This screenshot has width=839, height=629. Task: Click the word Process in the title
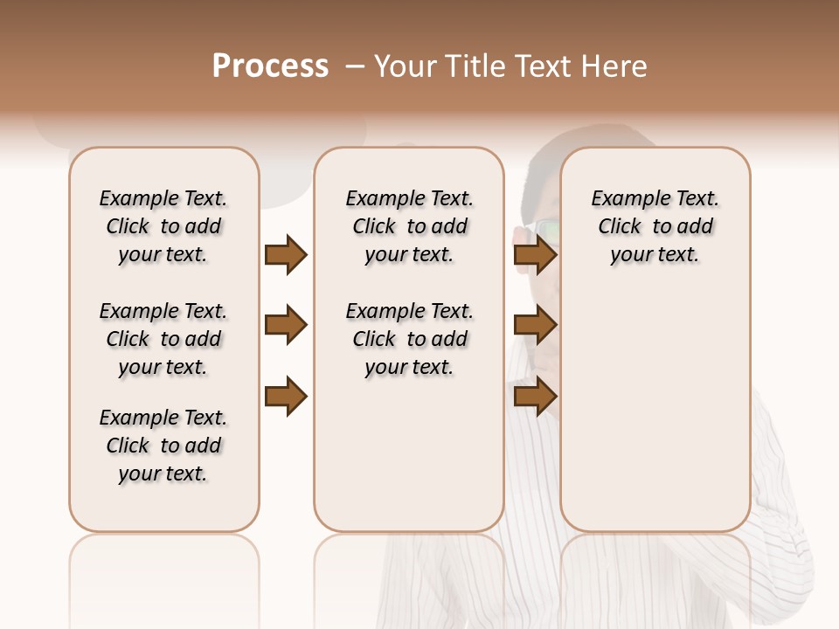pyautogui.click(x=270, y=66)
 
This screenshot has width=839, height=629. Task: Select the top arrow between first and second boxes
pyautogui.click(x=286, y=255)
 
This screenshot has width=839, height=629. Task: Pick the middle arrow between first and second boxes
pyautogui.click(x=286, y=326)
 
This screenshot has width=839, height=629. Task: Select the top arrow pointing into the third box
pyautogui.click(x=535, y=255)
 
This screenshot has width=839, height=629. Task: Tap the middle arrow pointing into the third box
pyautogui.click(x=535, y=326)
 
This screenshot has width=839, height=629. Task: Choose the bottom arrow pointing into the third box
pyautogui.click(x=535, y=397)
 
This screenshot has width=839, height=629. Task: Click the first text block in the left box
pyautogui.click(x=163, y=226)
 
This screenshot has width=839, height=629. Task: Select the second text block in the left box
pyautogui.click(x=163, y=339)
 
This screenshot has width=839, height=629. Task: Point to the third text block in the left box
pyautogui.click(x=163, y=446)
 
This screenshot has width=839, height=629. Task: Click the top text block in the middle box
pyautogui.click(x=410, y=226)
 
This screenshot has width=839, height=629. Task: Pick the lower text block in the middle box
pyautogui.click(x=410, y=339)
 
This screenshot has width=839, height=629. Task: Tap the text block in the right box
pyautogui.click(x=655, y=226)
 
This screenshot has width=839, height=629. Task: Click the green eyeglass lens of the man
pyautogui.click(x=548, y=229)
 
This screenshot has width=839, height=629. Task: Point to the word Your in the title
pyautogui.click(x=404, y=66)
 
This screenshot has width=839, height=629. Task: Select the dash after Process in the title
pyautogui.click(x=355, y=66)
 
